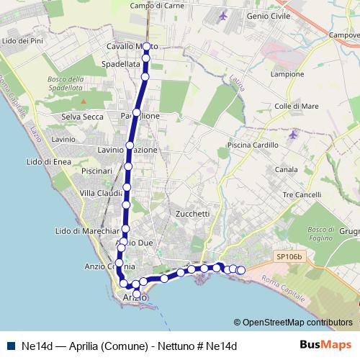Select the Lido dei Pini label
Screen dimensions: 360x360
[x=25, y=41]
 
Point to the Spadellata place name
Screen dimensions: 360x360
[x=122, y=64]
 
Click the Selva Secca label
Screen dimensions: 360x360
[x=83, y=117]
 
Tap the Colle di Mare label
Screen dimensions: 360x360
[x=297, y=107]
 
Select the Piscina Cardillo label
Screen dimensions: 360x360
[x=252, y=145]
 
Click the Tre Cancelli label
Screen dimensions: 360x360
[x=302, y=195]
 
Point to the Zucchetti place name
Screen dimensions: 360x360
[x=192, y=214]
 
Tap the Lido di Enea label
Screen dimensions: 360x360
[x=48, y=162]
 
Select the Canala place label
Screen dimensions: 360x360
[x=286, y=170]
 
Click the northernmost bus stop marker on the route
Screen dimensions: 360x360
[x=146, y=47]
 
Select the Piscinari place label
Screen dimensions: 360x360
[x=97, y=171]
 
